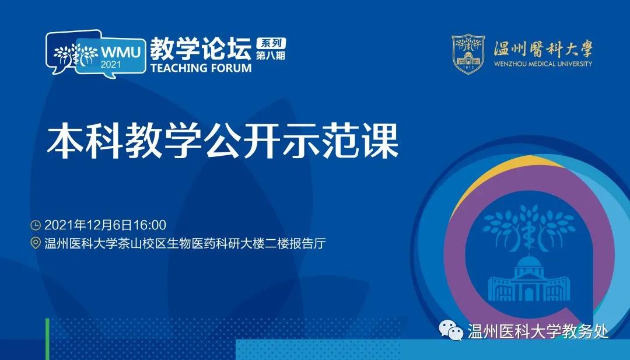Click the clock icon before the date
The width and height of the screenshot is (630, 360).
[36, 225]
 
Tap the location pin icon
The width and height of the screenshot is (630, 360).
[36, 243]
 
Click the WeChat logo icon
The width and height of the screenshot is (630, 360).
[451, 331]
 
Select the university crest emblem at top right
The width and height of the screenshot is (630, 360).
[468, 54]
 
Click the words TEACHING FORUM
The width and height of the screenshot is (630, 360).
[201, 68]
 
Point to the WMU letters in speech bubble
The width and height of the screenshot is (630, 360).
[120, 53]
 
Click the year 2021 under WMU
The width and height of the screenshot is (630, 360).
[110, 64]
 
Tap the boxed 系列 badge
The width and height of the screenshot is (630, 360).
[271, 43]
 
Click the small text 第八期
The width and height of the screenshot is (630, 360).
[271, 55]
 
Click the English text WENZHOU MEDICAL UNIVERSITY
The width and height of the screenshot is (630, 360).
[543, 64]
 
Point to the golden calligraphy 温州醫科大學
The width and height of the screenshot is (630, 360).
[543, 49]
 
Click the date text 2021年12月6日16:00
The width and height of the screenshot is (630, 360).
[105, 225]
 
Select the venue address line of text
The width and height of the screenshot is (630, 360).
[185, 243]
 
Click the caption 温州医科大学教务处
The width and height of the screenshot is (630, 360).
[538, 331]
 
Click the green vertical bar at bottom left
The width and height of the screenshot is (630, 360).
[47, 339]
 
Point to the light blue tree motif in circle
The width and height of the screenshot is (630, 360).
[528, 227]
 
